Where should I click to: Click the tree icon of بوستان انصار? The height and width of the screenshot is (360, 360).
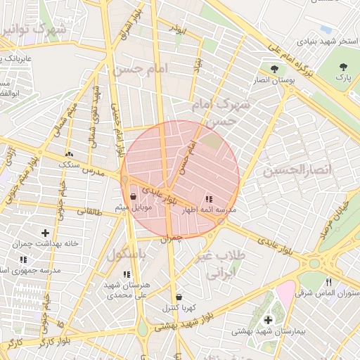(x=274, y=69)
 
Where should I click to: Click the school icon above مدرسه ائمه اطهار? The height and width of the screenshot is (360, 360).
(x=208, y=200)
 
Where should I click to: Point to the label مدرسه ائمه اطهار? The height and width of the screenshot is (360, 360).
(x=210, y=210)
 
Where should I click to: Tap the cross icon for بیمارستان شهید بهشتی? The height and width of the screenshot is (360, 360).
(x=267, y=320)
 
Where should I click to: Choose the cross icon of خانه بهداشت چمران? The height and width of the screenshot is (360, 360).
(x=46, y=233)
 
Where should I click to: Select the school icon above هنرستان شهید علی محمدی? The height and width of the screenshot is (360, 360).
(x=127, y=275)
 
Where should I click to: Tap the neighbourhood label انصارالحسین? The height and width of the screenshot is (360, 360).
(x=288, y=170)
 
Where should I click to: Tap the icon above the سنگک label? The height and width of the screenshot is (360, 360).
(x=69, y=154)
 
